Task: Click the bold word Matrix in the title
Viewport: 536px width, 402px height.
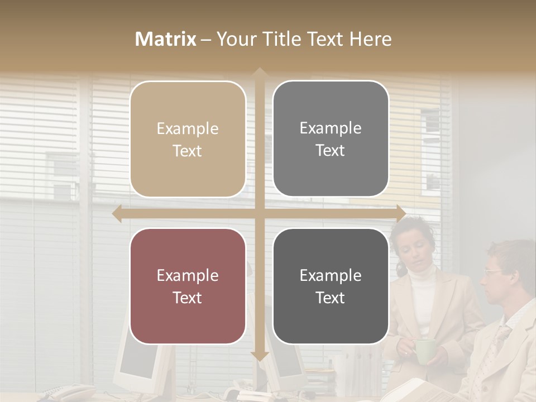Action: tap(166, 39)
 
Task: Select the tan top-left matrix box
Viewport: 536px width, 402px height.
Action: tap(188, 139)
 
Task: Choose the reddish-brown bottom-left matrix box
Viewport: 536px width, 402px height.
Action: tap(188, 286)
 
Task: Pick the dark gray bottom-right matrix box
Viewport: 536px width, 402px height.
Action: tap(331, 286)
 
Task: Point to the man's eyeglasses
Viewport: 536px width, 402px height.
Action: tap(494, 272)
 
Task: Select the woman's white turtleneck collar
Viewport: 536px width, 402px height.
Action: tap(420, 274)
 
